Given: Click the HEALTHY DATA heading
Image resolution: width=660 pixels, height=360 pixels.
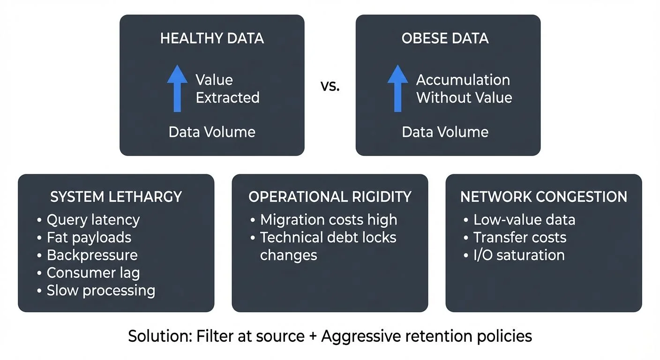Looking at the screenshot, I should point(212,38).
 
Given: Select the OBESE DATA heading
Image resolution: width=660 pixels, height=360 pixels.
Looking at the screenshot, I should point(445,38).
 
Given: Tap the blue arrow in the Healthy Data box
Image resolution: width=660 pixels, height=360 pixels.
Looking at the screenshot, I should point(177,89).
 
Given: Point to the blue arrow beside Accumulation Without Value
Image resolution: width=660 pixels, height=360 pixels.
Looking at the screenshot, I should point(397,89).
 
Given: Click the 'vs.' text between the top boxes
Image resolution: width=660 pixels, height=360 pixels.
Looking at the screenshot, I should point(330,87).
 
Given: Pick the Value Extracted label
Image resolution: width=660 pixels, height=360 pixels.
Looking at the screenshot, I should point(227,89).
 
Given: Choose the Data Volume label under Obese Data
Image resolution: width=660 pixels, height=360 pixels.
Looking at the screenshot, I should point(445,132).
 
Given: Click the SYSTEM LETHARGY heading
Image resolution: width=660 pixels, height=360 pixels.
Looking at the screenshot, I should point(116,197).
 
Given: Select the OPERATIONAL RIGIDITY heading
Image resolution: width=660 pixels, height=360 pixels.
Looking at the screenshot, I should point(330,197).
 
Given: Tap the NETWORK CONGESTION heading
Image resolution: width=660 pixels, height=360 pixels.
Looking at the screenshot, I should point(544,197).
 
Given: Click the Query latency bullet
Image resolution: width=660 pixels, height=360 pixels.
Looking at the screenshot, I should point(93,220).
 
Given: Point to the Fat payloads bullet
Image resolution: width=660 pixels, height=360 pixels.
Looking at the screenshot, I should point(89,238).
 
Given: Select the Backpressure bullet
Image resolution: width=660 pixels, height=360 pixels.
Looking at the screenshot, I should point(92,255).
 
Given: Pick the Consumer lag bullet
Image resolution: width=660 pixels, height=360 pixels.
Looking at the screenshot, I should point(93,273).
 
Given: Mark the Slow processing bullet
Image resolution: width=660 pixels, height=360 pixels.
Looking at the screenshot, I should point(100,291).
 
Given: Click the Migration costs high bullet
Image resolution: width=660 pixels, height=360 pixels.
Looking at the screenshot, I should point(328,220).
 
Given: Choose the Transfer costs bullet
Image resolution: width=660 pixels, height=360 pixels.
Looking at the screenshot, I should point(519,238).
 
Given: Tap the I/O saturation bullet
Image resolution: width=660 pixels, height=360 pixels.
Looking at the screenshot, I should point(518,255).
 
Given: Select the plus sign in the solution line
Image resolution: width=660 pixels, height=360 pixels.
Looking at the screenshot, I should point(311,337).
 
